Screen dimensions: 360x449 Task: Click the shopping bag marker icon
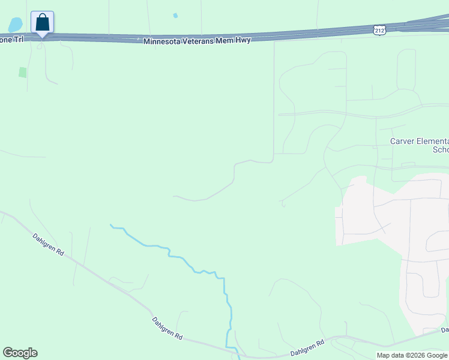[42, 22]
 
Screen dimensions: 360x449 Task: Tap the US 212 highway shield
[379, 29]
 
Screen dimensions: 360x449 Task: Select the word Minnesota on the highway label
[161, 40]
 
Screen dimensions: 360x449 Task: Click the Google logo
[20, 353]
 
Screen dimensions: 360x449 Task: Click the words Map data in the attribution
[390, 355]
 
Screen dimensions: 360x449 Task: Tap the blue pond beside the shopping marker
[15, 25]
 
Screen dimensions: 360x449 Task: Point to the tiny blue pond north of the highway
[175, 16]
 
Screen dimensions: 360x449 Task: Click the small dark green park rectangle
[23, 73]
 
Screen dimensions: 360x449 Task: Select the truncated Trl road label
[14, 38]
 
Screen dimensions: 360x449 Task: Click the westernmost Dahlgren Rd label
[48, 245]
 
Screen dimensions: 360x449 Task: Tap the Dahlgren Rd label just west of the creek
[167, 328]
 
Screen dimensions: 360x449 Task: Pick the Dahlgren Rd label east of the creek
[307, 347]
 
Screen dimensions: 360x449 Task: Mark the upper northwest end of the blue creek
[111, 226]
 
